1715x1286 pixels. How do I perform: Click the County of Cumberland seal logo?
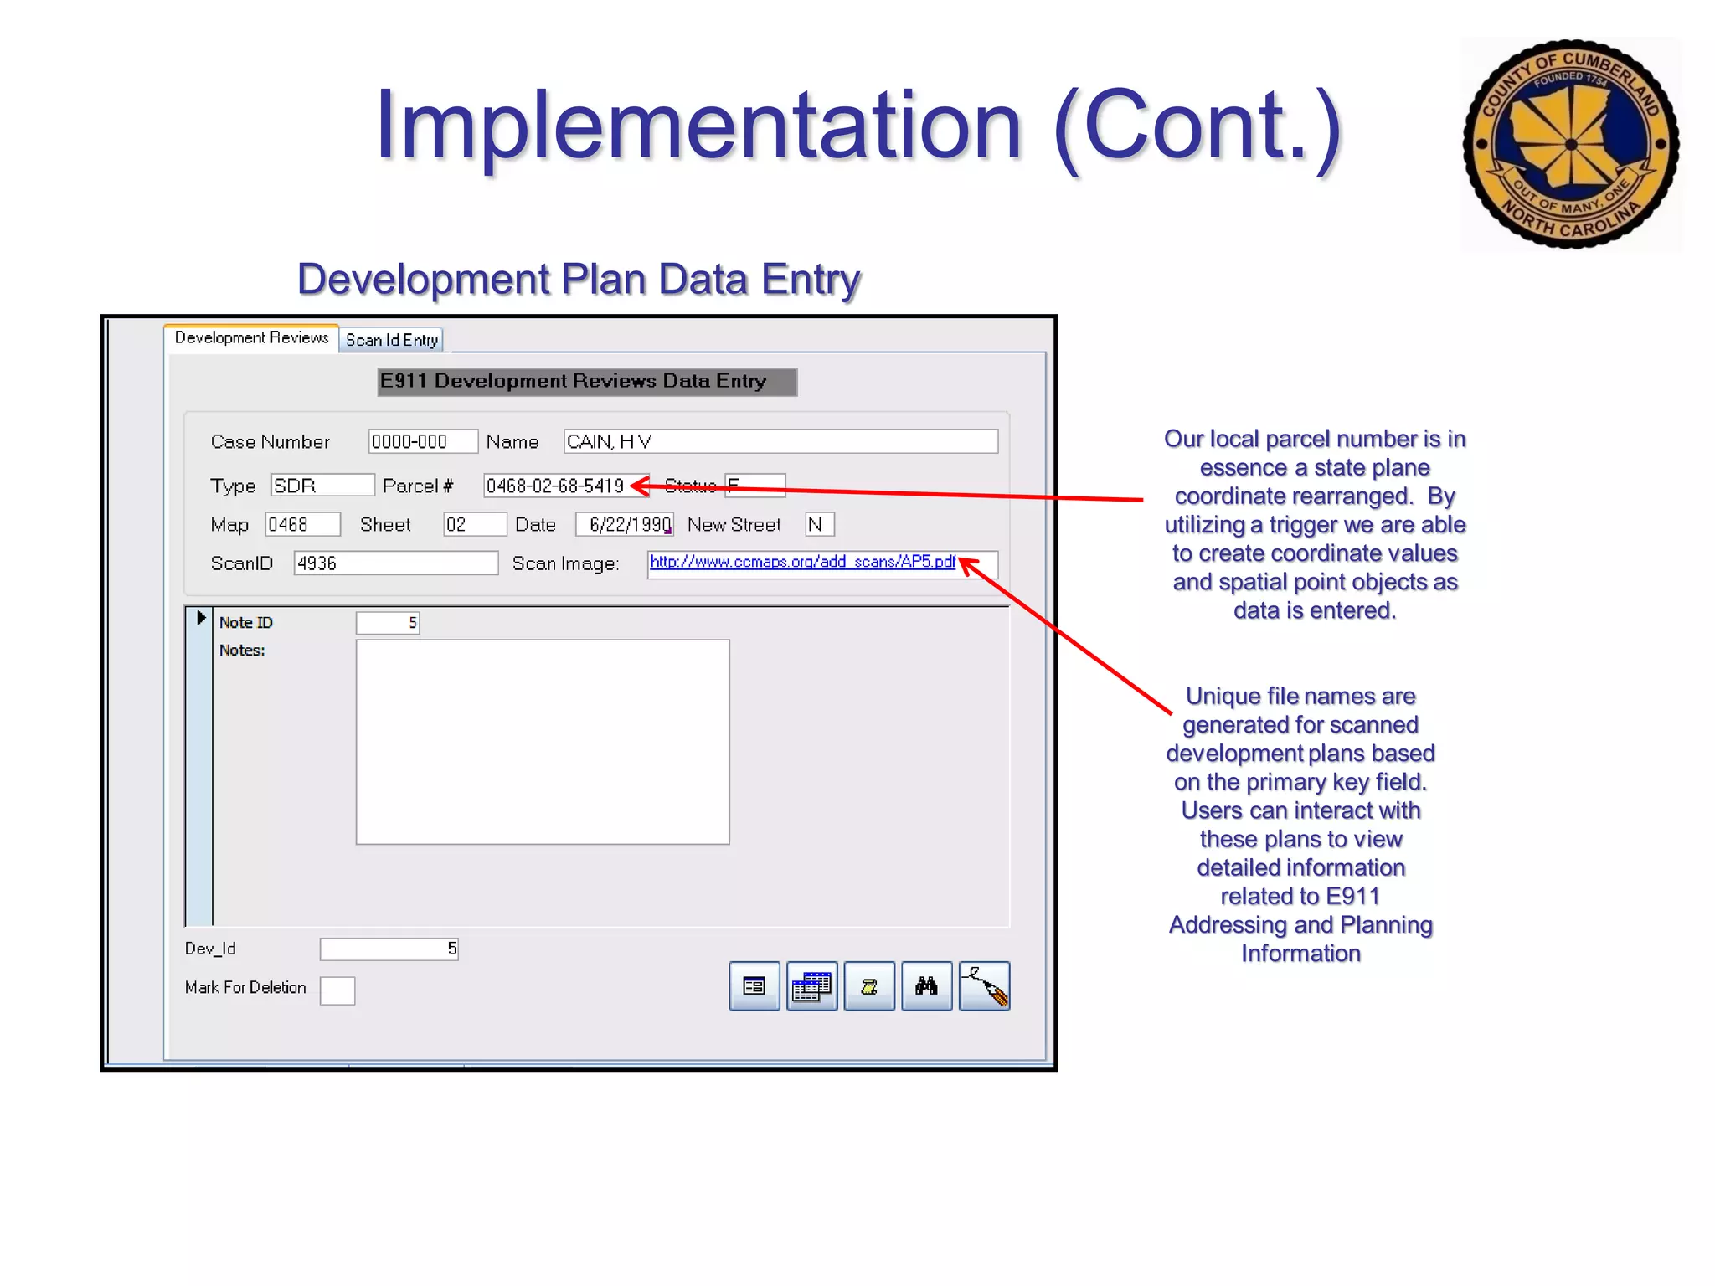1570,144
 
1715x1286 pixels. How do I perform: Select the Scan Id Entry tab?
391,340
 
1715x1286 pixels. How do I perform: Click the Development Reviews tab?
251,337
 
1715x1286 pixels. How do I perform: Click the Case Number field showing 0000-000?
422,441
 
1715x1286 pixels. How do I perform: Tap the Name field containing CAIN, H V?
780,441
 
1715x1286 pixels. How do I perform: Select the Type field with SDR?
322,486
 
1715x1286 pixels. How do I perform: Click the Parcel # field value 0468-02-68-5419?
555,486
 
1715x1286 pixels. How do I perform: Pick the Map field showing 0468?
302,525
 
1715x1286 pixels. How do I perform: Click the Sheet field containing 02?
474,525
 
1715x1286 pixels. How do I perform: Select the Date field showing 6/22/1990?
626,525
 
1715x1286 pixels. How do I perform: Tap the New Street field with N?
818,525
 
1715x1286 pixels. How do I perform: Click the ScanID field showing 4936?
395,563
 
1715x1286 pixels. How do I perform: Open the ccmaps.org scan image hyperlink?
801,562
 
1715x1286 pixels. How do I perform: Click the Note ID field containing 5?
387,623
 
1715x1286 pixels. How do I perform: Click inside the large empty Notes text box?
542,742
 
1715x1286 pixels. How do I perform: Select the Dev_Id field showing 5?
389,949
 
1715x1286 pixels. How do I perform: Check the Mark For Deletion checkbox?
337,990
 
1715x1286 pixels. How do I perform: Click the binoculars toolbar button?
926,986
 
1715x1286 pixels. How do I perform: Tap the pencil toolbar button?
984,986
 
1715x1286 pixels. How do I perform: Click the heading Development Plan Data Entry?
579,279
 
